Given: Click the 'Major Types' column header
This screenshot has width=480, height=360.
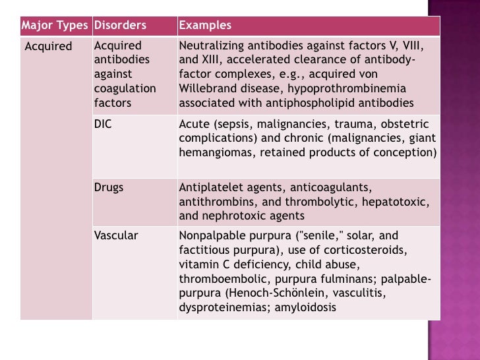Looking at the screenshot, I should [x=55, y=26].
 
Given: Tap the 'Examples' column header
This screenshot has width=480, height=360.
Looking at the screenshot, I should [x=205, y=26].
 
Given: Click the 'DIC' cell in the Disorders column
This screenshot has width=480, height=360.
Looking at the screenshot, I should [x=103, y=123].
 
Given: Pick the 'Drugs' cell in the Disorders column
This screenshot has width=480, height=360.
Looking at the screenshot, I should [x=109, y=187].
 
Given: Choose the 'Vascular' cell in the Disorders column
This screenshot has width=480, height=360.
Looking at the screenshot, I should [x=116, y=235].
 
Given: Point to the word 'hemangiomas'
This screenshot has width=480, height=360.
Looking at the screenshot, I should [x=212, y=152].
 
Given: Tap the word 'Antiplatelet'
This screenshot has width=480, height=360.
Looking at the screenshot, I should [x=210, y=187].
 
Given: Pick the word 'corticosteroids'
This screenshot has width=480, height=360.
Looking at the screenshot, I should [x=371, y=251].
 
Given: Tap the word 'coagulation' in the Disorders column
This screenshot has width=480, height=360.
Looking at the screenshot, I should [x=125, y=89].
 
